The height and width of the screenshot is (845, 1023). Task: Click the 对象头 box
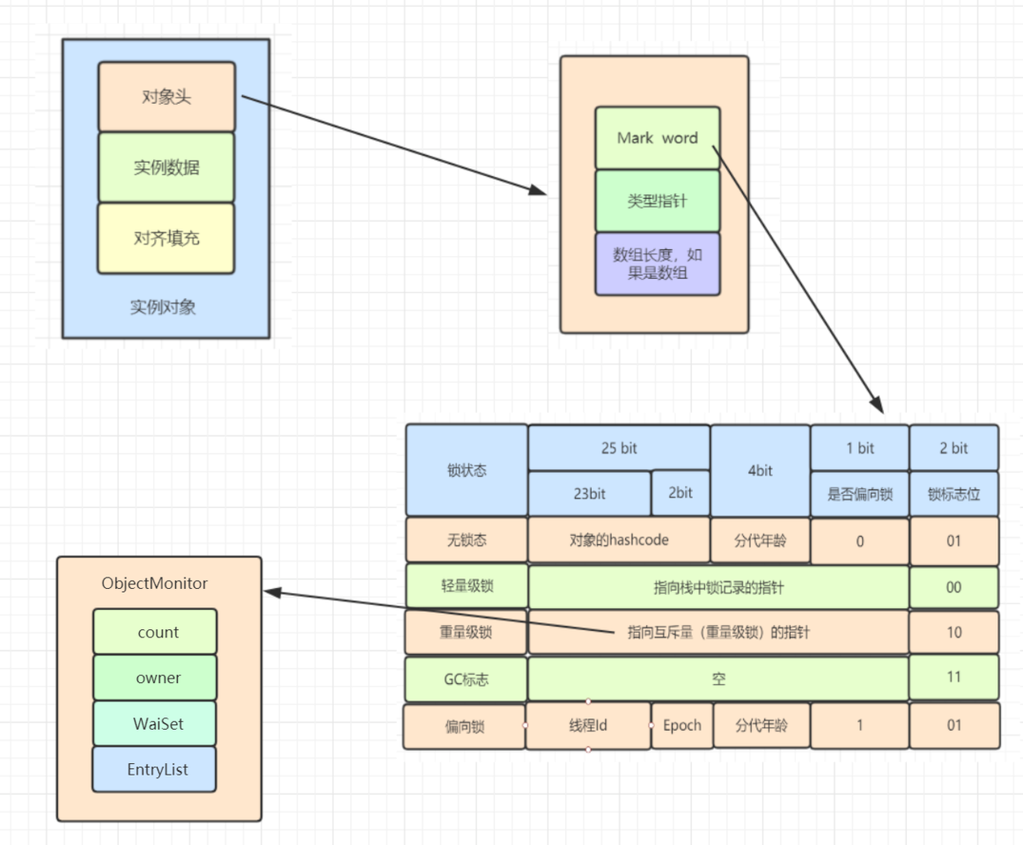click(x=166, y=97)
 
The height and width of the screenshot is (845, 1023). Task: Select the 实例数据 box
click(x=166, y=167)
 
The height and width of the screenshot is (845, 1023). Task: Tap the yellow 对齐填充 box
click(x=166, y=238)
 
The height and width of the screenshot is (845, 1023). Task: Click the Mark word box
click(x=657, y=138)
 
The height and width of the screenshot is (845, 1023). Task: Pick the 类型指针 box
click(x=657, y=201)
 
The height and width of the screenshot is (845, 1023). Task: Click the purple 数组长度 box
click(x=657, y=264)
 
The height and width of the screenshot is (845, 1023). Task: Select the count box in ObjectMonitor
click(x=154, y=632)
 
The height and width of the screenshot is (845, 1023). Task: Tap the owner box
click(x=154, y=678)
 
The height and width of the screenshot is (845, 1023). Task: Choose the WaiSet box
click(x=154, y=724)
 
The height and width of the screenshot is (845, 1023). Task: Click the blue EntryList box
click(x=154, y=769)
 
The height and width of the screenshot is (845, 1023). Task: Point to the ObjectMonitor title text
click(x=155, y=584)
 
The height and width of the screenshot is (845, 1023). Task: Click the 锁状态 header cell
click(x=466, y=470)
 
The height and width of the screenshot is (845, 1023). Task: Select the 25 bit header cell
click(x=618, y=448)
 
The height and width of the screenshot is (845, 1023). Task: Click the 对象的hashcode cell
click(x=618, y=540)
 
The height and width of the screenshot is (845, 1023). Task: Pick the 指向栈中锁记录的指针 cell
click(x=718, y=587)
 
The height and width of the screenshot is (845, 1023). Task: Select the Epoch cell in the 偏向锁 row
click(x=681, y=725)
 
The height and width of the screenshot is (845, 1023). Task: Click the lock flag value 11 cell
click(x=953, y=678)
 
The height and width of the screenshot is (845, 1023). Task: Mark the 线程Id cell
click(x=587, y=726)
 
